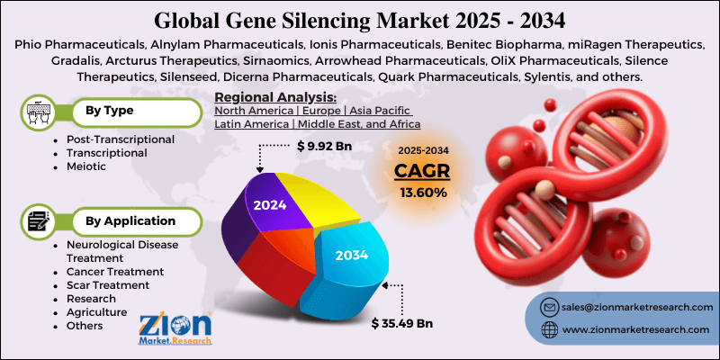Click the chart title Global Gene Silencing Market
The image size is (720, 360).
click(x=359, y=18)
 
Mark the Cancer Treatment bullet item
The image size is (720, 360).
click(x=114, y=271)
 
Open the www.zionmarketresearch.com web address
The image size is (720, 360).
click(x=630, y=331)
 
